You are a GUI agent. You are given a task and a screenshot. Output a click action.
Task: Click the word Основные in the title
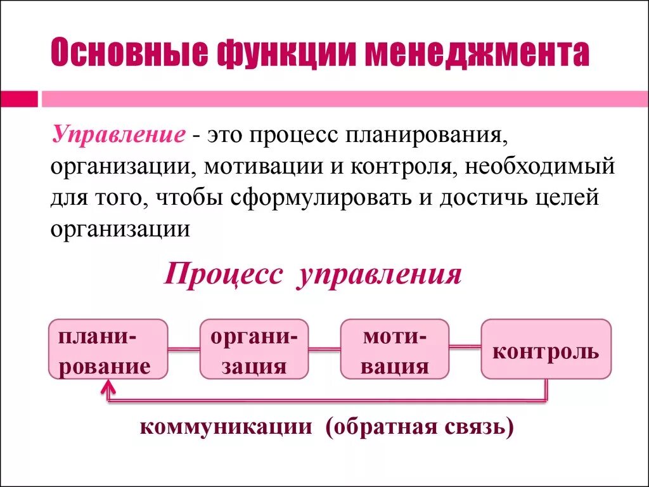(129, 54)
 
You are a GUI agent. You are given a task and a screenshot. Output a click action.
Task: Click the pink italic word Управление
(119, 135)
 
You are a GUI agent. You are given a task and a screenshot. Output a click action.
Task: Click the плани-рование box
(108, 349)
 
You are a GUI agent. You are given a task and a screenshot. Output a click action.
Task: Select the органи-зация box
(254, 349)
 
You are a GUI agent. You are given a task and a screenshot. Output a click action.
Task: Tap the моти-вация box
(395, 349)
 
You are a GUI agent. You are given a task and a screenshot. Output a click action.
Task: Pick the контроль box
(546, 349)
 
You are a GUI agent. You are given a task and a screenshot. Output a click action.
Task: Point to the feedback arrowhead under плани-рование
(109, 386)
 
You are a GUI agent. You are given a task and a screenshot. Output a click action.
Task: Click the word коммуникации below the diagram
(226, 427)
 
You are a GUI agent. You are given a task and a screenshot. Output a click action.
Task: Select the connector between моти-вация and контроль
(465, 347)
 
